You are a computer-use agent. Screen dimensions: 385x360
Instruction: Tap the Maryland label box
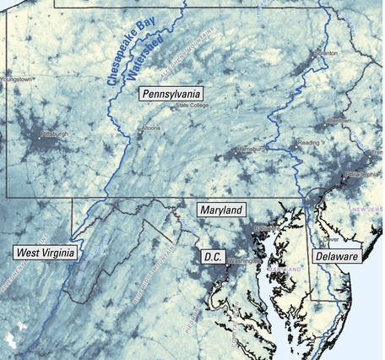(220, 210)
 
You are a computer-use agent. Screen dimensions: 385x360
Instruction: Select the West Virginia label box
(46, 252)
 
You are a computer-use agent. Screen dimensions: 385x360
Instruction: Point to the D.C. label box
(210, 255)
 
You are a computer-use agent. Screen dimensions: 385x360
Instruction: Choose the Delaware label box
(336, 255)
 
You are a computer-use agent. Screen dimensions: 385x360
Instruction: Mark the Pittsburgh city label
(52, 134)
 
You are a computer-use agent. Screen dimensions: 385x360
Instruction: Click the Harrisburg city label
(251, 150)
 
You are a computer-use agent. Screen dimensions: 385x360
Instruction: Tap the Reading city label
(309, 143)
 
